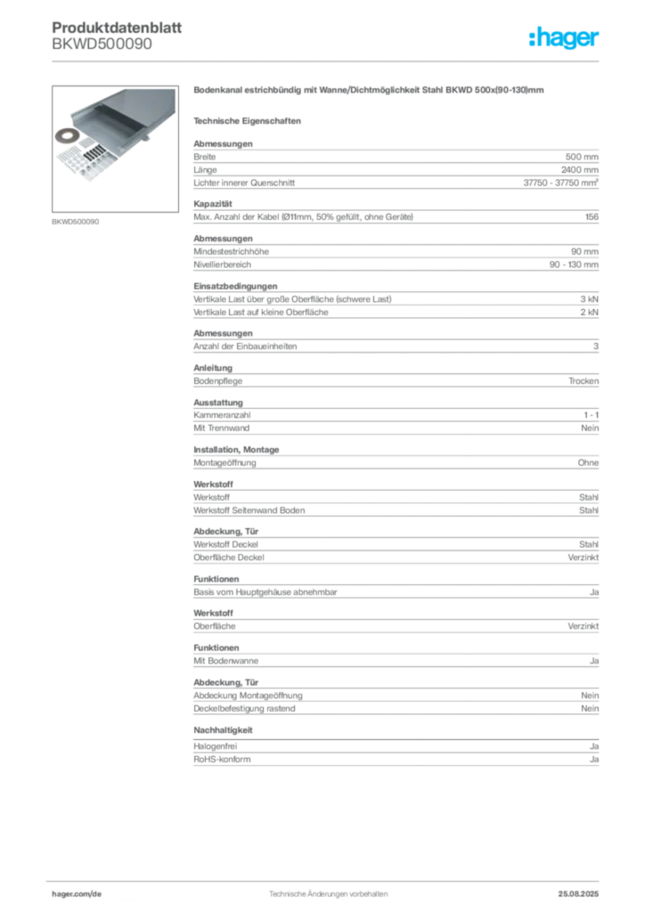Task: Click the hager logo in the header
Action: pos(563,38)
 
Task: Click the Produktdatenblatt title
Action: pos(117,28)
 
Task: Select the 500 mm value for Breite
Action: pos(582,157)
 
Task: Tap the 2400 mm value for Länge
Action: pos(579,170)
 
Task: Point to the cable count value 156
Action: pos(592,217)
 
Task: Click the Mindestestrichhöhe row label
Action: pos(231,252)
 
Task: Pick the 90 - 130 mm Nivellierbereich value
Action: pos(574,265)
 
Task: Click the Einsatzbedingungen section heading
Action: pos(235,286)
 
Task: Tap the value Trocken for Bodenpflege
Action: pos(584,381)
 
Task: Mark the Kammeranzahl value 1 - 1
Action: pos(591,415)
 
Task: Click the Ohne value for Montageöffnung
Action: pos(588,463)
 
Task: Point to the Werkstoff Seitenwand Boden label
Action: pos(249,510)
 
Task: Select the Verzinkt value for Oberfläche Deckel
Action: pos(583,558)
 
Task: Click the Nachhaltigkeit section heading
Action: pos(223,730)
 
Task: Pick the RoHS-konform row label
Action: pos(222,760)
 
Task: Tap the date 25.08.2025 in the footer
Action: pos(578,894)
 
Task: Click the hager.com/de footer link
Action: pos(77,894)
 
